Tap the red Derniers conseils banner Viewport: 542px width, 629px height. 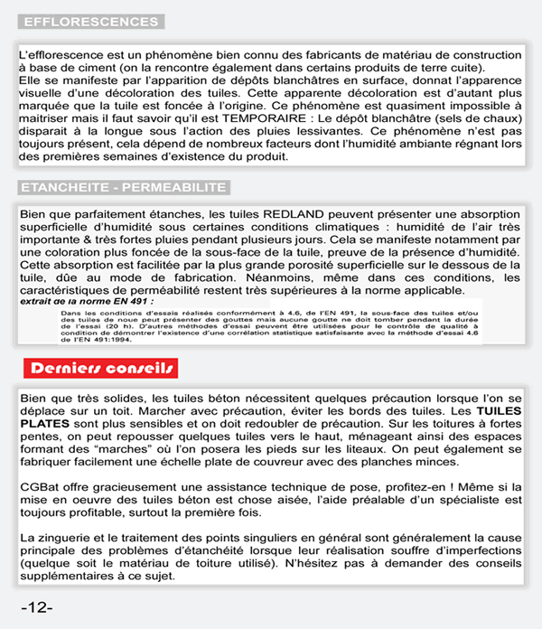(101, 368)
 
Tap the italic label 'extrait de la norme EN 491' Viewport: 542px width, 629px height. (76, 302)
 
